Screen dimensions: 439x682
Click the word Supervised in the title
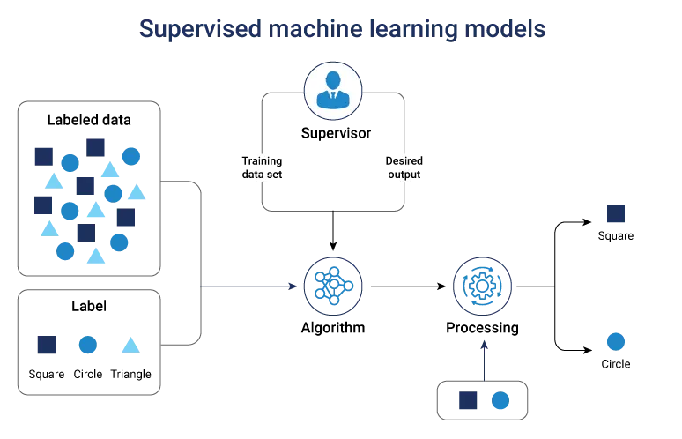[197, 30]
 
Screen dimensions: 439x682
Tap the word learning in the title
[411, 30]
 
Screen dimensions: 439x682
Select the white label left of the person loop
[260, 167]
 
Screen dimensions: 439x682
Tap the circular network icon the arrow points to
[333, 286]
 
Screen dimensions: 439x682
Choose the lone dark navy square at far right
[617, 214]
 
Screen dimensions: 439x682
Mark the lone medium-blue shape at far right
[617, 342]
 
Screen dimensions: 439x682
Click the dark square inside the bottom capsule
[468, 401]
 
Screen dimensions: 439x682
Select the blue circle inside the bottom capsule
[500, 401]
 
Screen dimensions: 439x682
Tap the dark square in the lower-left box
[46, 344]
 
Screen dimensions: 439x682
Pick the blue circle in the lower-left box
[87, 344]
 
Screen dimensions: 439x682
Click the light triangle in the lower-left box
[130, 343]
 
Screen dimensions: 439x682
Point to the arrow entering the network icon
[290, 286]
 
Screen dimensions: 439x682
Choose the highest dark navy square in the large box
[95, 145]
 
